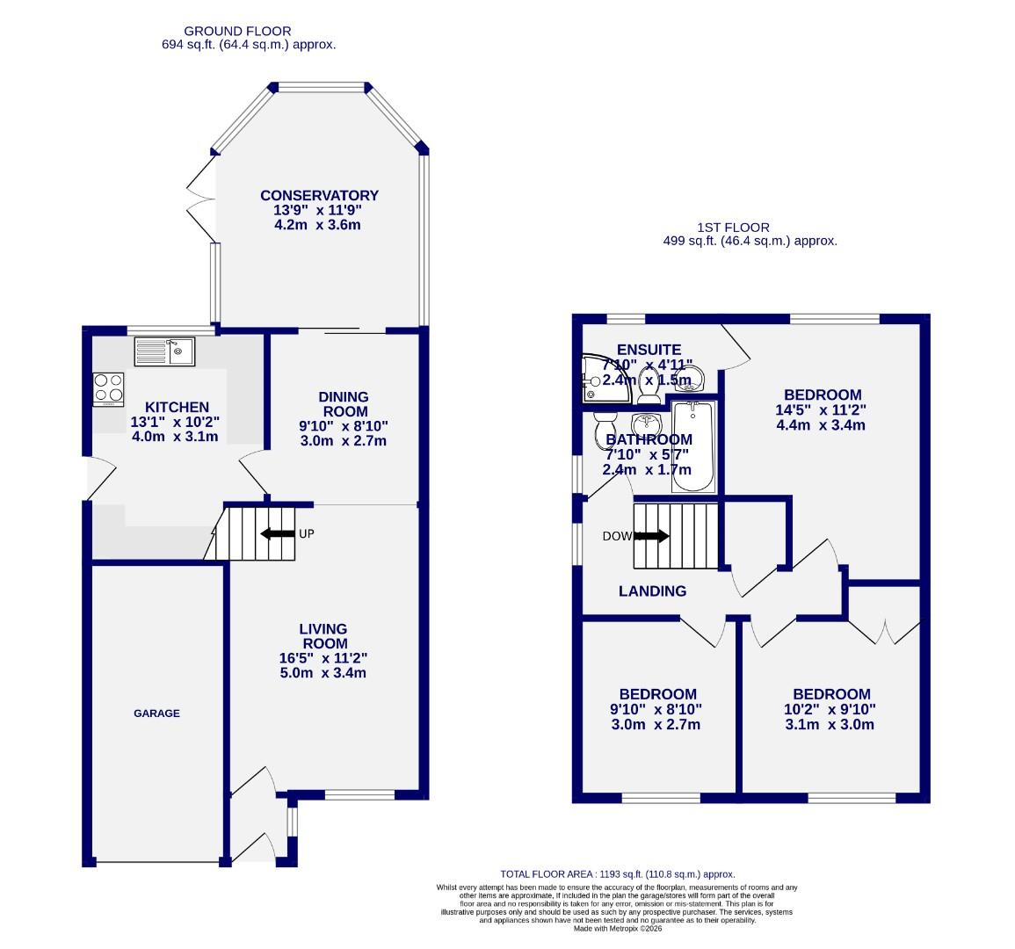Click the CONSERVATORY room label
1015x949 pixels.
319,196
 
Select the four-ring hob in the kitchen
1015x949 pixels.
109,388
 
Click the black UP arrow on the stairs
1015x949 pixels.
277,533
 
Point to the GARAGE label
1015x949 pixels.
156,714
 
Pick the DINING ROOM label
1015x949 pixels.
343,404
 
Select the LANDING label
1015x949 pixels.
652,591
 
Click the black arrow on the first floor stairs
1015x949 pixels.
651,536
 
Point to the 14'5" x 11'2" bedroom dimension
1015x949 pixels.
823,410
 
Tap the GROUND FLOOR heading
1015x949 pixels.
238,32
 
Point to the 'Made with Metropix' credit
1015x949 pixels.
618,928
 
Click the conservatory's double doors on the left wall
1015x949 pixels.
200,199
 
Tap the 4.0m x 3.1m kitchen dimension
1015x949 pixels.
175,437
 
